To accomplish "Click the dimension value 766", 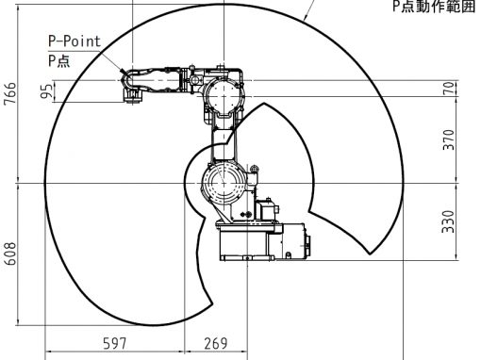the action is [9, 93].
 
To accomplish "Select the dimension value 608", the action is [9, 254].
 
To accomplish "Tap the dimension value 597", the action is [115, 343].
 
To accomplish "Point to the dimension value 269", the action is [216, 343].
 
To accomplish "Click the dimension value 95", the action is [47, 91].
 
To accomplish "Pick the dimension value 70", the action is [449, 89].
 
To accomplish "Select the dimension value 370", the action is [449, 139].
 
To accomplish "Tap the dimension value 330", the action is [449, 221].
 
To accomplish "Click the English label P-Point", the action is [75, 41].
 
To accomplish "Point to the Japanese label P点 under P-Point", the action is [58, 60].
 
